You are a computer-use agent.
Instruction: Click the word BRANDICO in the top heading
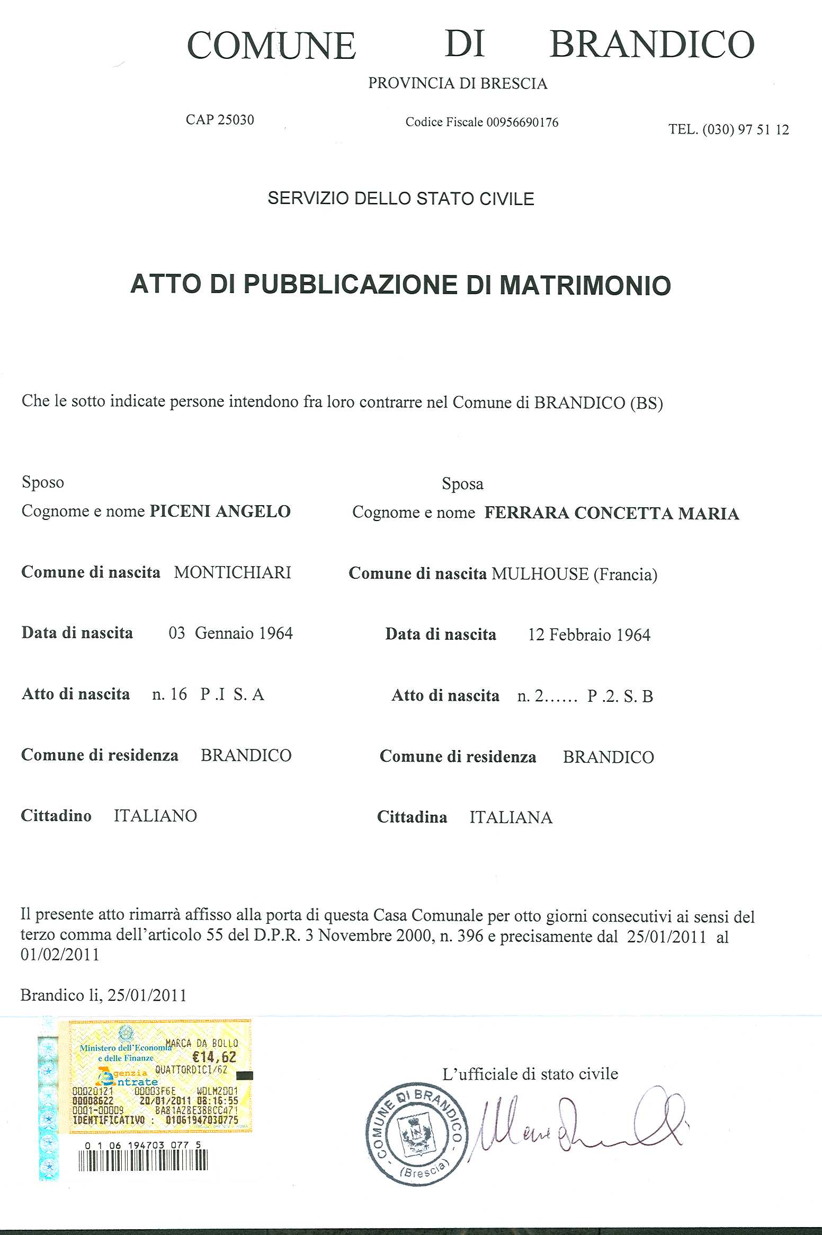click(x=651, y=45)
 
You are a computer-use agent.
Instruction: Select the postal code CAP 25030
click(x=220, y=120)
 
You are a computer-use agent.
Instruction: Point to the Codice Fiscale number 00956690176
click(x=522, y=122)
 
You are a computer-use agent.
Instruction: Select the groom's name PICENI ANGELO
click(x=220, y=511)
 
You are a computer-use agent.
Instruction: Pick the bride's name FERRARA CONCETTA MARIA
click(x=612, y=513)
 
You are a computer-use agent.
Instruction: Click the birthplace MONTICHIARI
click(x=233, y=572)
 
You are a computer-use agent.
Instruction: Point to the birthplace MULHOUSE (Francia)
click(x=574, y=574)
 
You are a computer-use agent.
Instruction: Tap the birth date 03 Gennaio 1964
click(x=230, y=633)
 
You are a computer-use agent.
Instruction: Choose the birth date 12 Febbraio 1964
click(x=589, y=635)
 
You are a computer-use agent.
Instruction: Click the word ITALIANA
click(x=511, y=818)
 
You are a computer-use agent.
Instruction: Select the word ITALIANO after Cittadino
click(x=155, y=816)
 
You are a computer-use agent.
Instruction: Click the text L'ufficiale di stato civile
click(x=530, y=1074)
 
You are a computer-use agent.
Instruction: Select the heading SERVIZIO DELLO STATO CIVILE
click(x=400, y=199)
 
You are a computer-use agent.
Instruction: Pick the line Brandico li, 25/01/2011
click(x=103, y=995)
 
